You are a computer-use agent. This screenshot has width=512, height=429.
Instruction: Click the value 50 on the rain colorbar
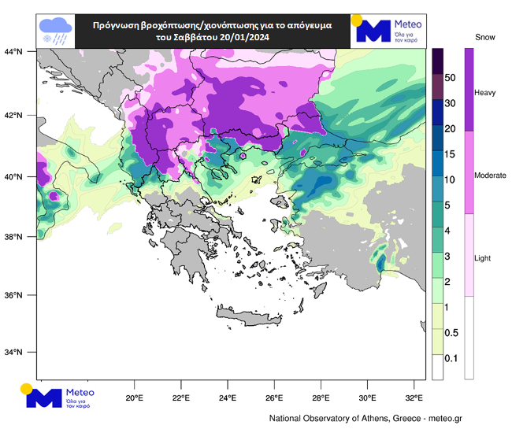point(451,78)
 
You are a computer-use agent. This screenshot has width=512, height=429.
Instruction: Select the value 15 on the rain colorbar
point(451,154)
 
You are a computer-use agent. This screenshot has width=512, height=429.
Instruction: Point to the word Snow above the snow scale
point(486,37)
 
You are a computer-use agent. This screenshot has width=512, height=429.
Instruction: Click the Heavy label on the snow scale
point(484,93)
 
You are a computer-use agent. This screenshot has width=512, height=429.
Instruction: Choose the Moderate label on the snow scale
point(490,176)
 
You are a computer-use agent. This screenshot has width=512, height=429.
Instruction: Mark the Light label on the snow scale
point(482,258)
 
